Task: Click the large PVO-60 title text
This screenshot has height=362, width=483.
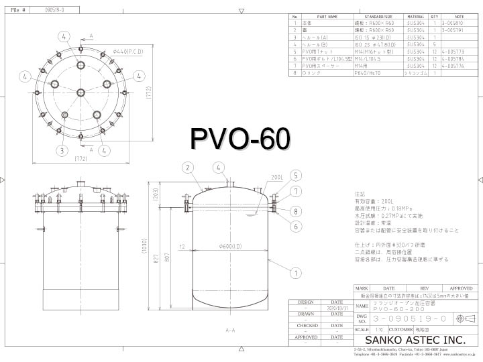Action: [241, 139]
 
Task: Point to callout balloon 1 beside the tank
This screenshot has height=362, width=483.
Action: [293, 273]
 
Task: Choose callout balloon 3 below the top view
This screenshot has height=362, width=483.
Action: [62, 150]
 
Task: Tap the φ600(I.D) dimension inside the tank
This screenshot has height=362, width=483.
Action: [230, 247]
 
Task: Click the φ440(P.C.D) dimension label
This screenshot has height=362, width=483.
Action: [125, 51]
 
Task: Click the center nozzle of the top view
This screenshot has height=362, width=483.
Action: [80, 93]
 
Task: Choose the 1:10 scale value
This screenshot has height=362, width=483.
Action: [380, 329]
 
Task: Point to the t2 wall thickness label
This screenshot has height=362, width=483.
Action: [182, 247]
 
